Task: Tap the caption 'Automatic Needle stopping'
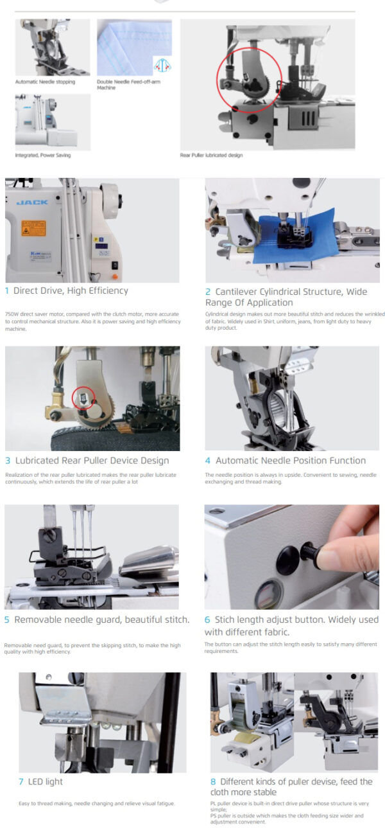coord(45,82)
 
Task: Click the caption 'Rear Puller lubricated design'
coord(211,155)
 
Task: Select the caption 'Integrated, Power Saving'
coord(42,155)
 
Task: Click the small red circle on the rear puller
coord(83,398)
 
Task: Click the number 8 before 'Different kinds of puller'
coord(212,781)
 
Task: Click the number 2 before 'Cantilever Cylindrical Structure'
coord(208,291)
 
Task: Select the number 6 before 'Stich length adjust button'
coord(207,619)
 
